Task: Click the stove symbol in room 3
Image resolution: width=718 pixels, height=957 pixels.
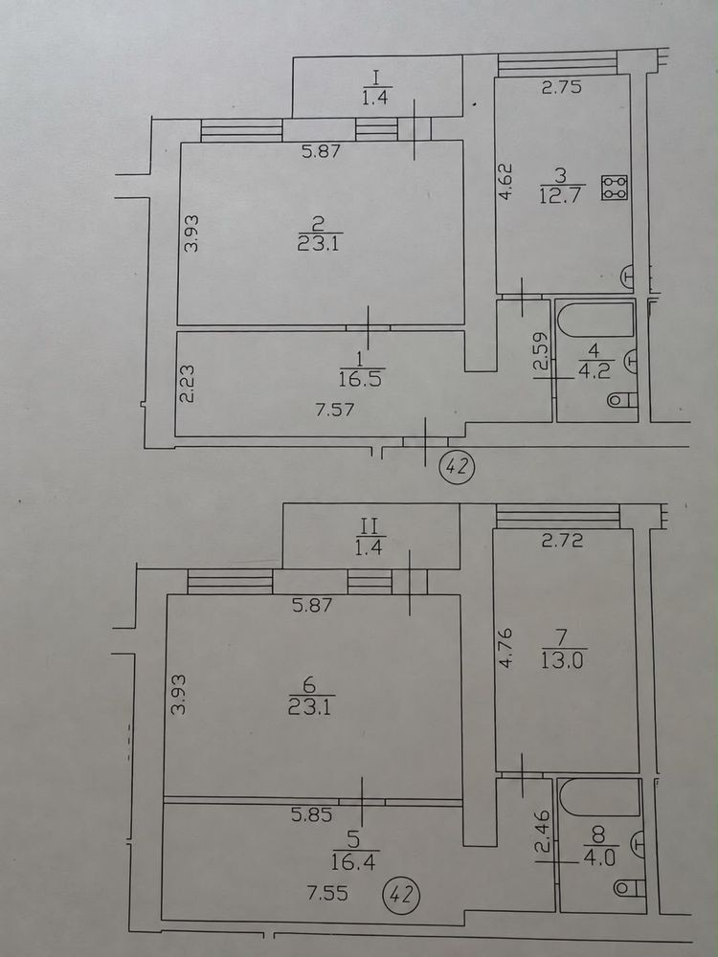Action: (615, 188)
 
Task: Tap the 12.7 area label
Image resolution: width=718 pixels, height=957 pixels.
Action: (560, 196)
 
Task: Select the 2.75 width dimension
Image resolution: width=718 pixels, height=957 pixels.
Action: (562, 87)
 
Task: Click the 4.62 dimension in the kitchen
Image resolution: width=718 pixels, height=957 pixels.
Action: (506, 180)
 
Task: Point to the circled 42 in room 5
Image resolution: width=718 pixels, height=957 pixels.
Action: (401, 896)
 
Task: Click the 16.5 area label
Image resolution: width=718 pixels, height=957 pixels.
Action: (360, 379)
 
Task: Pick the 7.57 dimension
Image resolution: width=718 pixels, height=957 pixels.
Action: (334, 409)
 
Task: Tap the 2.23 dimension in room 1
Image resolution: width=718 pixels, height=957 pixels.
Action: (188, 384)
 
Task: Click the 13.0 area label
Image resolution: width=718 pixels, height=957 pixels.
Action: (562, 661)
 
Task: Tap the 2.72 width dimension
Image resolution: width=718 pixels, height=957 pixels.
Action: (562, 540)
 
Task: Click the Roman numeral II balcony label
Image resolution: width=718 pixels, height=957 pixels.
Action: (369, 526)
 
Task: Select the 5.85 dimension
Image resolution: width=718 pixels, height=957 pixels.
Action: (312, 814)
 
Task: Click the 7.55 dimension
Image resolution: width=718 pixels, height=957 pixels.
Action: (327, 894)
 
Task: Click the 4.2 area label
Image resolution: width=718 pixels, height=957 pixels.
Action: (595, 371)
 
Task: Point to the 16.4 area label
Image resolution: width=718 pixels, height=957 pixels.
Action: (353, 862)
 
